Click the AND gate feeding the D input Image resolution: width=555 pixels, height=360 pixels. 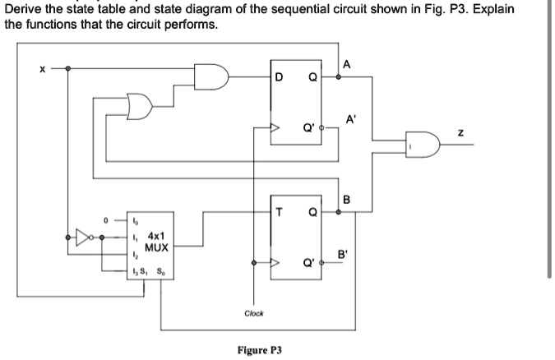click(x=209, y=76)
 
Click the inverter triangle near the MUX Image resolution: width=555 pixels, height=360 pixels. click(x=83, y=238)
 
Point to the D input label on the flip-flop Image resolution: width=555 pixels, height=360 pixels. click(x=280, y=78)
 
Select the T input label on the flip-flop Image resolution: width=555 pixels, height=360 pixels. click(x=280, y=212)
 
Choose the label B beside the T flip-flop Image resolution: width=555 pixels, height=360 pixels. click(x=346, y=198)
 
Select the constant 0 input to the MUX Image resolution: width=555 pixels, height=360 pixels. click(x=105, y=220)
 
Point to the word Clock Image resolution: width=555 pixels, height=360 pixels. click(x=254, y=313)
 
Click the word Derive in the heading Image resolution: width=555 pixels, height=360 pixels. click(x=25, y=10)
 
